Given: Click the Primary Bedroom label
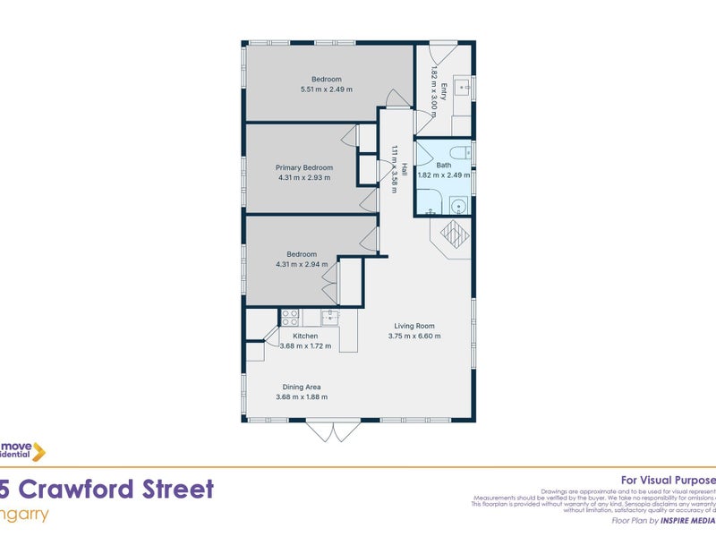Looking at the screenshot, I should point(303,167).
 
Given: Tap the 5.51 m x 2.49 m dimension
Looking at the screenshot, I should point(327,89).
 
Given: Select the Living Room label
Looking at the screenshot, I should point(414,326).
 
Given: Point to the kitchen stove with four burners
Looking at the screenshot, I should point(290,317).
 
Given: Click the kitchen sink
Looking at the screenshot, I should point(330,317).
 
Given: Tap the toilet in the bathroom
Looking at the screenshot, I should point(459,153).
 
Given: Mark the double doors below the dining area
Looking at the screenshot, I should point(332,431).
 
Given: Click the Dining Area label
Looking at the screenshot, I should point(298,387).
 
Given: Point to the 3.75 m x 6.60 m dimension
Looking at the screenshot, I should point(414,337).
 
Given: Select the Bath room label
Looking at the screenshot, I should point(444,166).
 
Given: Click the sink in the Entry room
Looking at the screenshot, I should point(462,88).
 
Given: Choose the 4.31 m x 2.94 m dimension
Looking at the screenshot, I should point(302,264).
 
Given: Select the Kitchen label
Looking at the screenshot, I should point(305,336).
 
